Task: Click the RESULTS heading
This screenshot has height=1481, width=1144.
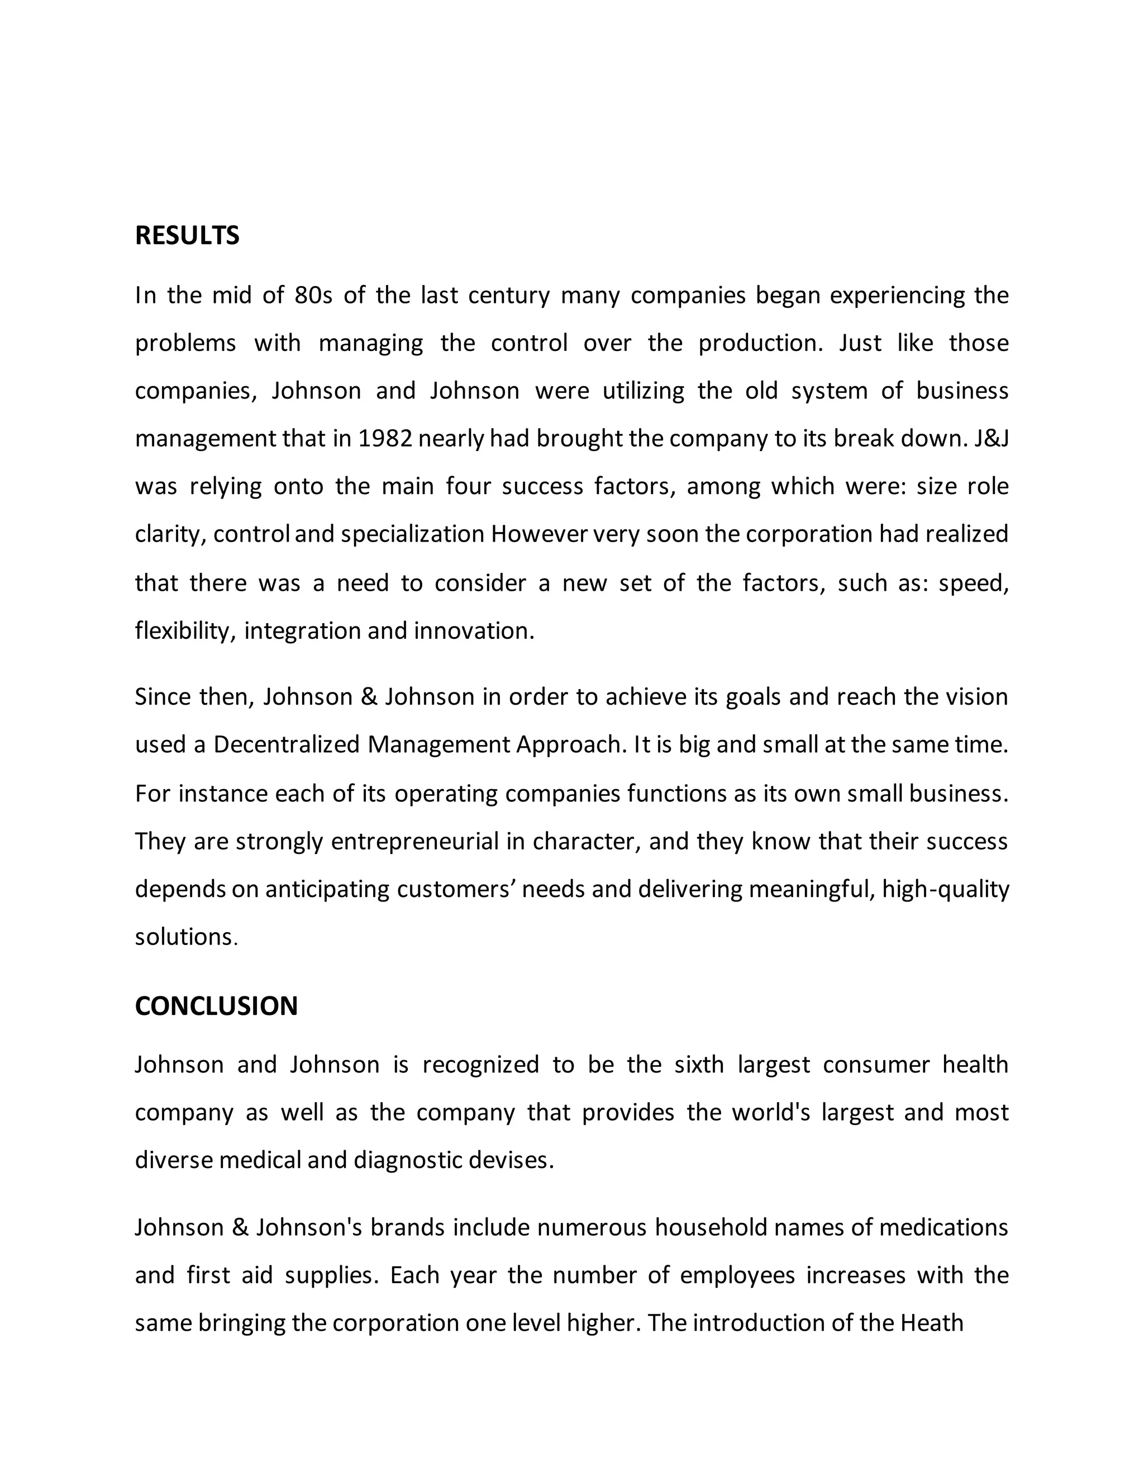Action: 187,235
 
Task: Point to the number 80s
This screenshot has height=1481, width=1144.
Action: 313,296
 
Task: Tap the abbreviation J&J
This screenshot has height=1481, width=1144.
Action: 992,439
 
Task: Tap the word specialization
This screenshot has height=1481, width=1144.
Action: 413,534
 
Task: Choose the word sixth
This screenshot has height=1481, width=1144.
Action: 699,1065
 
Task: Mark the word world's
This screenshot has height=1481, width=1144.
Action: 770,1112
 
